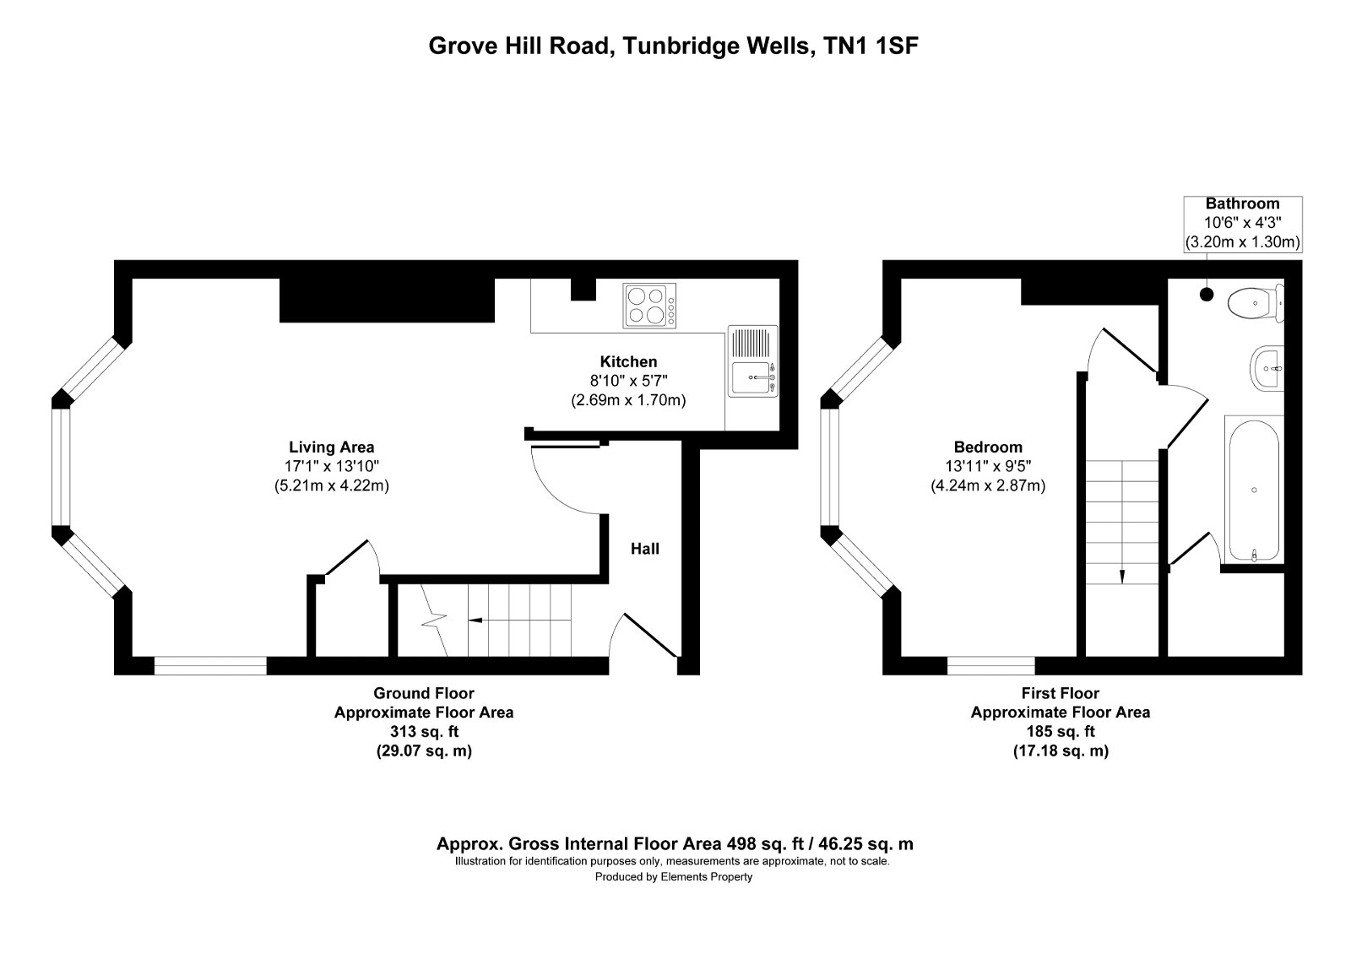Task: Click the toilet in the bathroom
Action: [1255, 302]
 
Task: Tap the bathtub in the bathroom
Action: [1255, 489]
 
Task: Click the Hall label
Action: [645, 549]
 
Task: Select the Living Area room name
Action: [331, 447]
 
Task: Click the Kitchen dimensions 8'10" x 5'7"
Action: [628, 381]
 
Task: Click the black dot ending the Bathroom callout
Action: [1207, 295]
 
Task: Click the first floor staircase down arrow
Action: [1122, 577]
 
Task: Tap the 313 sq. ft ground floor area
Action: [424, 731]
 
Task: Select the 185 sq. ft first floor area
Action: [1060, 731]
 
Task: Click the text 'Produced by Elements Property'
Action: [673, 877]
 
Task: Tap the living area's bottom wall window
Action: [210, 666]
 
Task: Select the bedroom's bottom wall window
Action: [990, 666]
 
